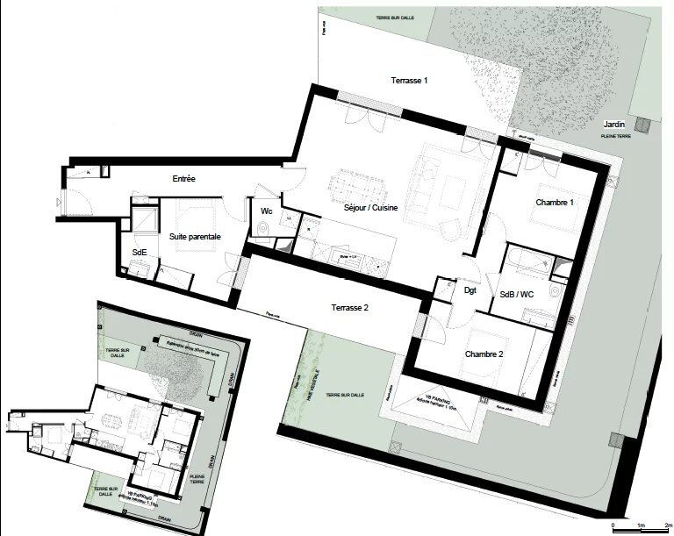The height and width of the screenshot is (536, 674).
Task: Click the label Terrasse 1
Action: [x=409, y=81]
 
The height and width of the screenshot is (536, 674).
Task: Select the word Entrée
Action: [x=183, y=179]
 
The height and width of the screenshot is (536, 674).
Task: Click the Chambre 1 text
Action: [x=555, y=203]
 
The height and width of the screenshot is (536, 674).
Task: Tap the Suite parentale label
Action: [x=194, y=237]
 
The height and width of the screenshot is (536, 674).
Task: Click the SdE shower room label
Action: [x=140, y=252]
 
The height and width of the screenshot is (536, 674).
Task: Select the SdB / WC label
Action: [x=517, y=294]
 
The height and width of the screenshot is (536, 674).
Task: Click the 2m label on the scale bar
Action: [x=668, y=524]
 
